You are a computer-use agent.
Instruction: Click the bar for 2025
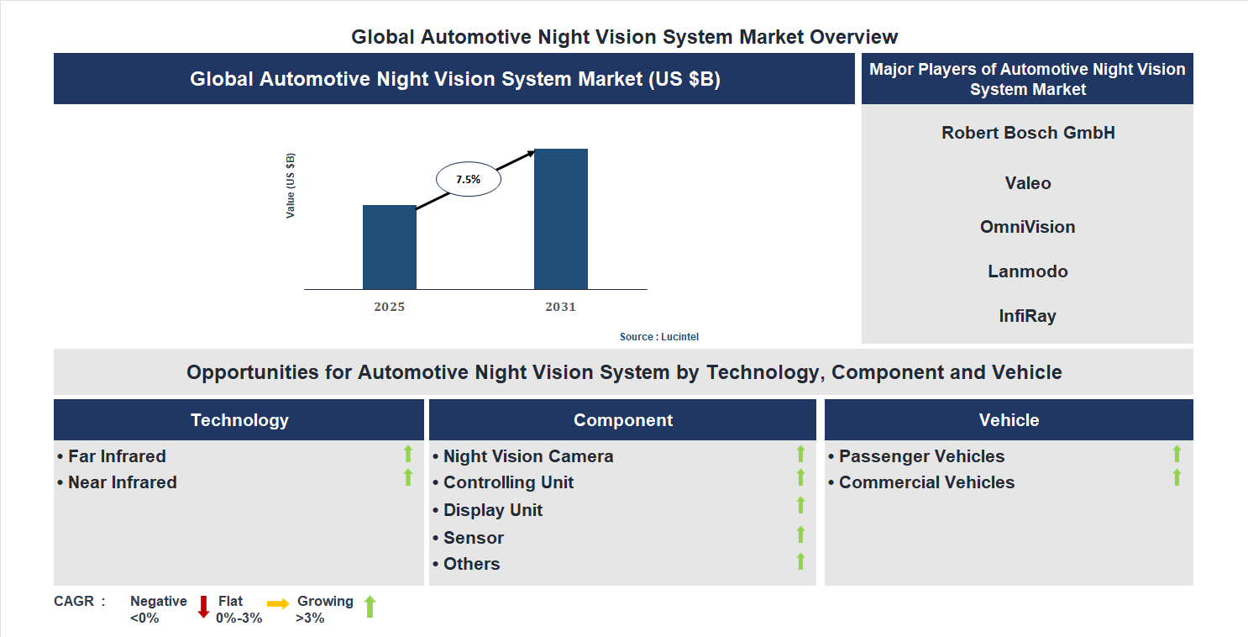click(389, 247)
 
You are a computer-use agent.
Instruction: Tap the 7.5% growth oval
click(468, 179)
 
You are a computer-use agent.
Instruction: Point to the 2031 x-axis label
click(560, 307)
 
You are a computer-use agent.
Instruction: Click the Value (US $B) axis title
click(291, 186)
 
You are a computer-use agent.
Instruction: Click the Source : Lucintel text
click(658, 336)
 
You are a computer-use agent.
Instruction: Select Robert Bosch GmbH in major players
click(1028, 133)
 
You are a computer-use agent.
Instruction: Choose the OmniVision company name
click(1028, 227)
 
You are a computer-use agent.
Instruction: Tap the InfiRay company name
click(1028, 316)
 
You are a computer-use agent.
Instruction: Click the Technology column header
click(239, 420)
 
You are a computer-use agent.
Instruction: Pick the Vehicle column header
click(1009, 420)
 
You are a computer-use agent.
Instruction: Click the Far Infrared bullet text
click(117, 456)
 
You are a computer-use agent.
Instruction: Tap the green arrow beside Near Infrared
click(408, 477)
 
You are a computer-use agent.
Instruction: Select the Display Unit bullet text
click(492, 510)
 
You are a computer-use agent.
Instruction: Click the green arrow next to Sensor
click(800, 534)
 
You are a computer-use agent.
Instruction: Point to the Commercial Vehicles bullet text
click(926, 482)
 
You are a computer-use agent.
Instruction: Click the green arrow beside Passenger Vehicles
click(1177, 454)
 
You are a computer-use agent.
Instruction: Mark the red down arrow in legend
click(203, 607)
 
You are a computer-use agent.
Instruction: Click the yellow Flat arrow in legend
click(278, 603)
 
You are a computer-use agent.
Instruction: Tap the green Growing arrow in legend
click(369, 607)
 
